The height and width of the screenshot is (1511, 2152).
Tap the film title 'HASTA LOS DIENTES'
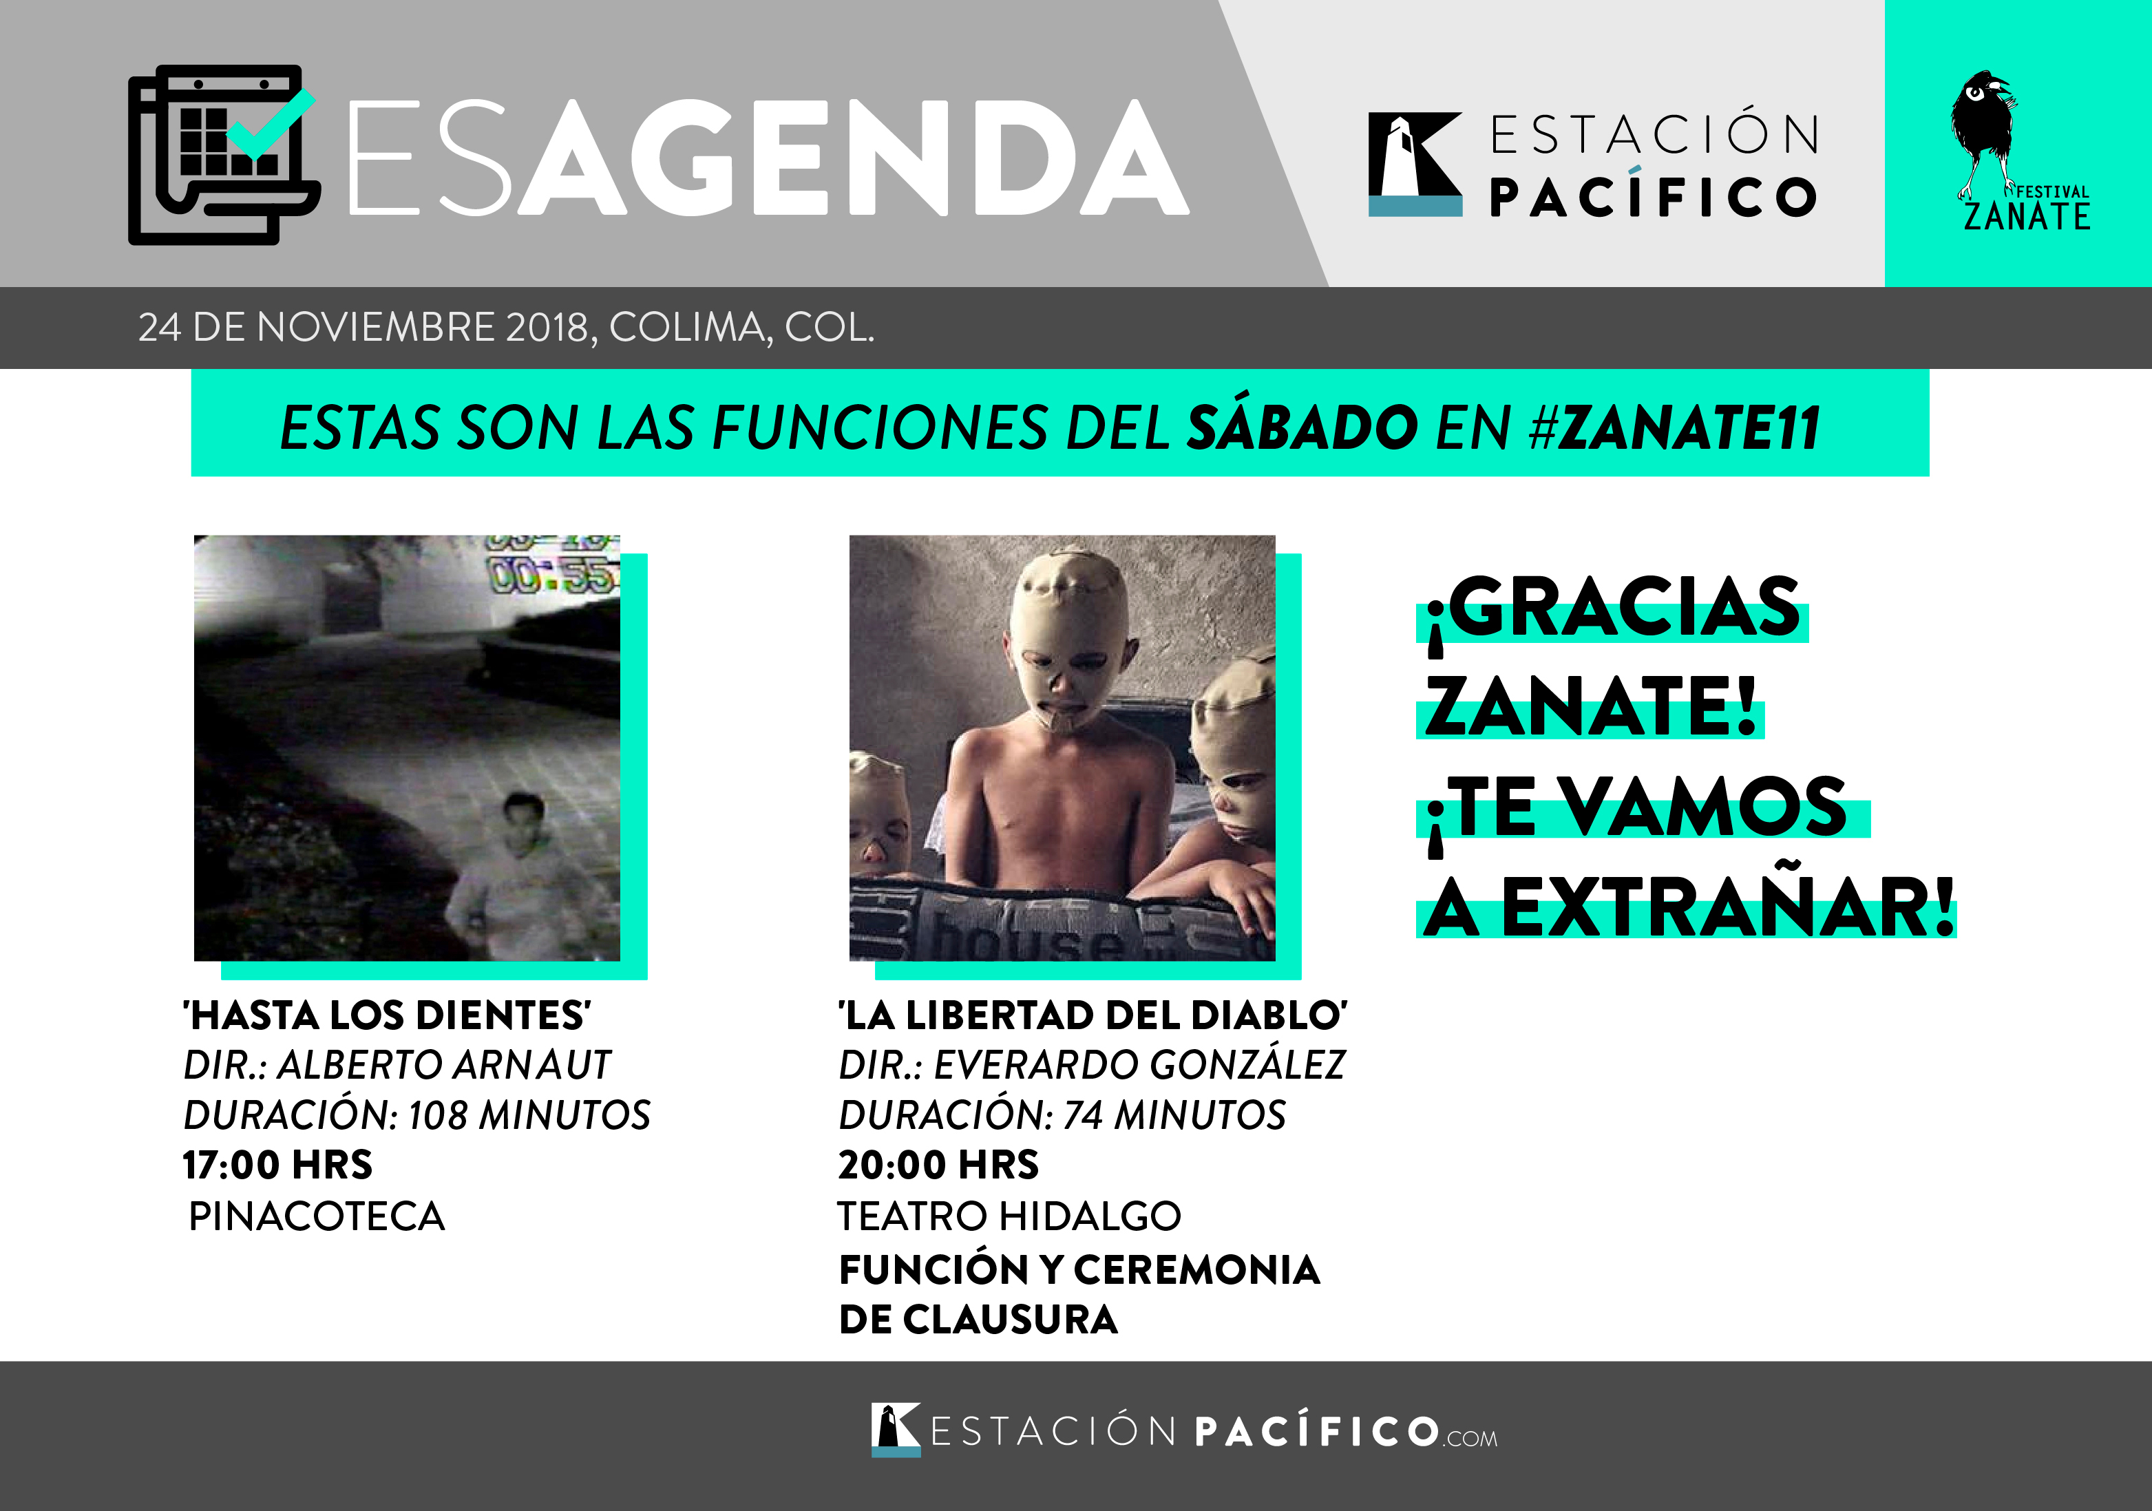(387, 1015)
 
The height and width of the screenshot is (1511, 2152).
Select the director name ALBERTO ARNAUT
(443, 1065)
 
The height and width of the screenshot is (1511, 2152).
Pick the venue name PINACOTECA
(316, 1216)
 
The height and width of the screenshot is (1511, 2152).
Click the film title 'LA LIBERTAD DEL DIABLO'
(1093, 1015)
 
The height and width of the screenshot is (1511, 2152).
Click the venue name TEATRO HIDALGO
(1009, 1216)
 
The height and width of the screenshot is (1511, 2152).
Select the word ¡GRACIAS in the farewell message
(1612, 609)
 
